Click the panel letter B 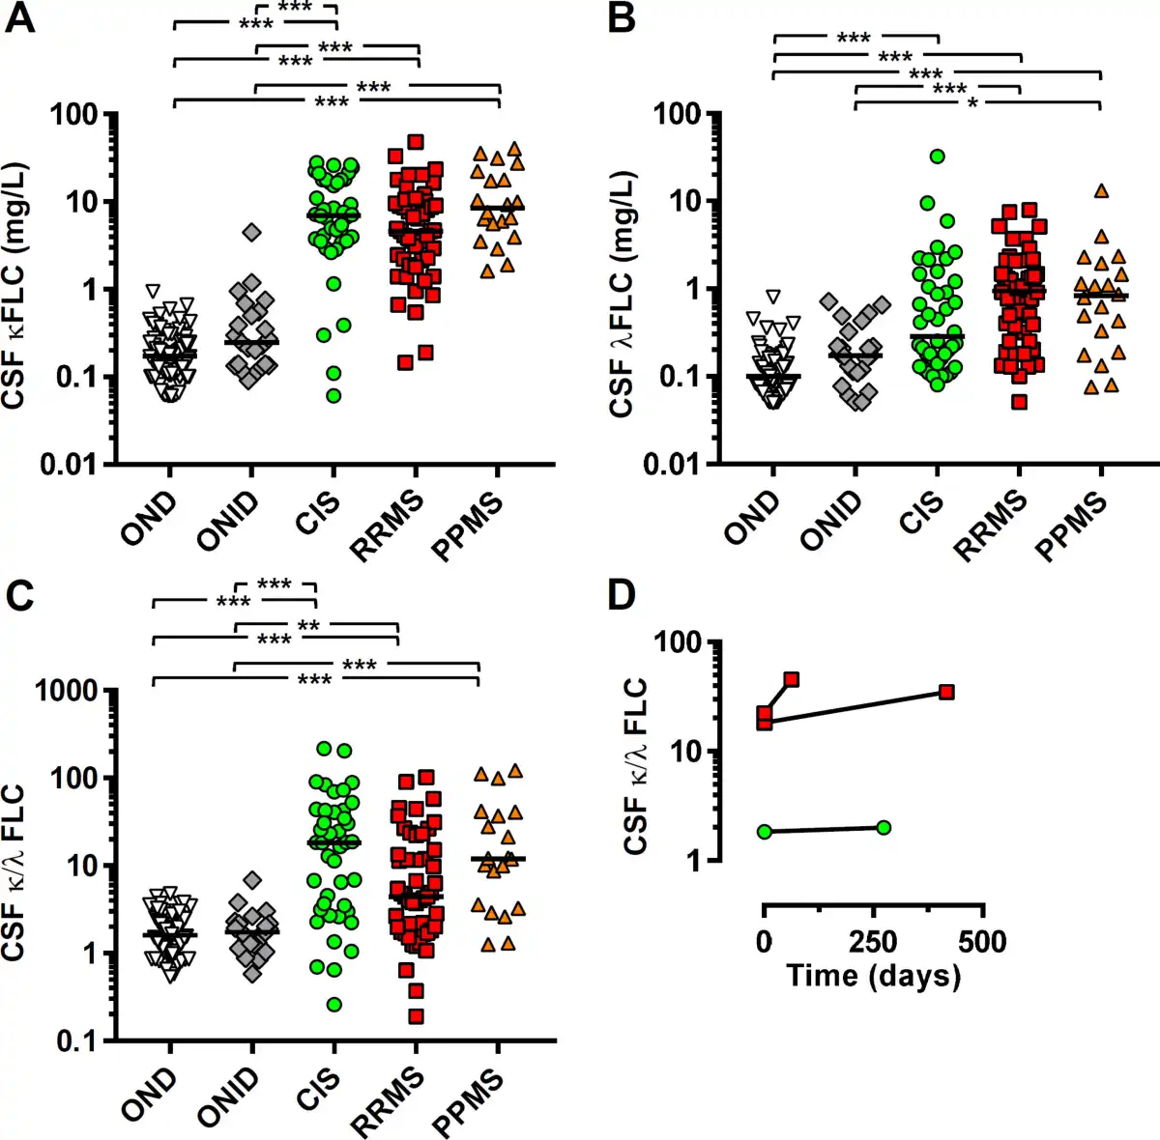[x=622, y=18]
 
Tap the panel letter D [x=622, y=595]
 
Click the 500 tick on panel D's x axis [x=982, y=941]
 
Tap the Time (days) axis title [x=873, y=975]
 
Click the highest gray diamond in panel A [x=252, y=232]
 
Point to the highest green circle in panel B [x=937, y=157]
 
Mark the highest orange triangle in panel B [x=1101, y=191]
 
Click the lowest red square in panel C [x=416, y=1015]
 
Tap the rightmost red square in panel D [x=946, y=692]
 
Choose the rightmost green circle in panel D [x=883, y=827]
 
